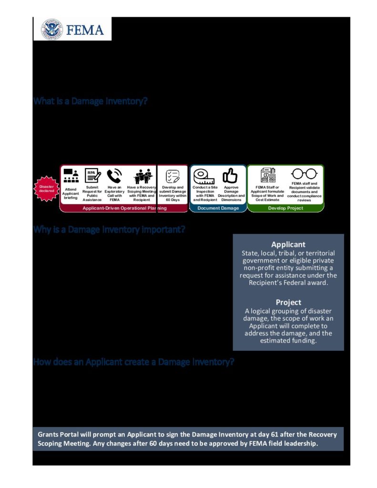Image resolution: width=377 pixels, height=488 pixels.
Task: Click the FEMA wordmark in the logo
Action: [x=85, y=30]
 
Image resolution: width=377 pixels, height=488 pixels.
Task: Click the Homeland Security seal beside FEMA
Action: [x=52, y=29]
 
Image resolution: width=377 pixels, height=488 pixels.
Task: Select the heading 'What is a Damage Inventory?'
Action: [x=90, y=102]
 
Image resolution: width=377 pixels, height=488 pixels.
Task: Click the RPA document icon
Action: [x=92, y=176]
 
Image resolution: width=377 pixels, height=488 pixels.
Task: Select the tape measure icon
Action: [x=204, y=176]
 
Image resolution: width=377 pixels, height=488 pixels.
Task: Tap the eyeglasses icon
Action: [x=304, y=174]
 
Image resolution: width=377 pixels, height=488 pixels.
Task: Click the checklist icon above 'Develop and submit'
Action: [x=172, y=176]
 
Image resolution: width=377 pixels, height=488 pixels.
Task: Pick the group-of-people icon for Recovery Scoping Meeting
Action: [x=142, y=176]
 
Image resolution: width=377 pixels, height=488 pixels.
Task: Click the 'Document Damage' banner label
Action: [x=218, y=208]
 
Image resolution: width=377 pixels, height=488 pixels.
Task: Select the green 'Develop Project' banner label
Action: [x=285, y=208]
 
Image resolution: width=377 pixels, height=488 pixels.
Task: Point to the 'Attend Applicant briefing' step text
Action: [x=71, y=193]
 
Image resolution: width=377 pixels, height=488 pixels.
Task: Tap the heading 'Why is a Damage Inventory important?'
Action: [x=109, y=230]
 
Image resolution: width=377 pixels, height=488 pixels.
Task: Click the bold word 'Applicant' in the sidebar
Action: [x=288, y=244]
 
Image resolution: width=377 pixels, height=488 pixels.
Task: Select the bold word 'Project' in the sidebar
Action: [x=288, y=302]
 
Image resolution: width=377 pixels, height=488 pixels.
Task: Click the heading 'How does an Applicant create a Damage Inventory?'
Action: [x=133, y=362]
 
